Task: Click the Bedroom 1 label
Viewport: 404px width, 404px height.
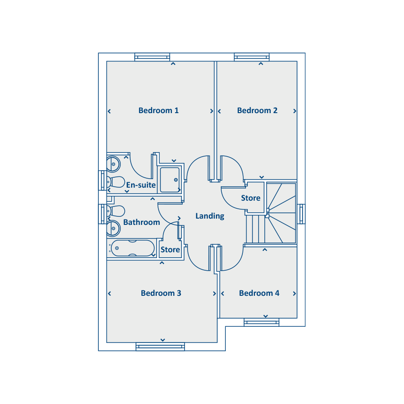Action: click(158, 110)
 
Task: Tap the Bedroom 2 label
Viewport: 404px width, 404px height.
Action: click(257, 110)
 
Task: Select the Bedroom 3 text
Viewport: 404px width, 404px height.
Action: click(161, 293)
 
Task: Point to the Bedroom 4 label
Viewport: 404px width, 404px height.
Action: click(259, 293)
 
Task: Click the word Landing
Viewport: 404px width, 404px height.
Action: click(210, 216)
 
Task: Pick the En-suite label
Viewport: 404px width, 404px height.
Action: click(141, 185)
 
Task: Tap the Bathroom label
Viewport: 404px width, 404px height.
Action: click(141, 222)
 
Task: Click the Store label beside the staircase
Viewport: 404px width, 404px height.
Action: click(250, 198)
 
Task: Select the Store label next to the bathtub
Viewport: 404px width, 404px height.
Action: click(170, 250)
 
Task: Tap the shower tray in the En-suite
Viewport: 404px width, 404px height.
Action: click(170, 180)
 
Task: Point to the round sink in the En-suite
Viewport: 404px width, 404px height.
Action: click(113, 164)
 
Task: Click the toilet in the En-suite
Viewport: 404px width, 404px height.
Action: click(116, 182)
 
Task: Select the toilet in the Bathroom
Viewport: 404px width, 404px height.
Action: click(116, 211)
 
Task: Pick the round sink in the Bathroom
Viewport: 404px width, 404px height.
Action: click(113, 228)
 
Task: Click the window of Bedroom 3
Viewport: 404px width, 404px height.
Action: click(160, 347)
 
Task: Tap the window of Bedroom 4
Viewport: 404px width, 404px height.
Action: click(262, 322)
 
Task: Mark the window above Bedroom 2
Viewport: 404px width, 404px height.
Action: click(252, 57)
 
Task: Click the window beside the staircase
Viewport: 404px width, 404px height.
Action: click(301, 214)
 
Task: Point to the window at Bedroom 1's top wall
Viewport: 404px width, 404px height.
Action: click(152, 57)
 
